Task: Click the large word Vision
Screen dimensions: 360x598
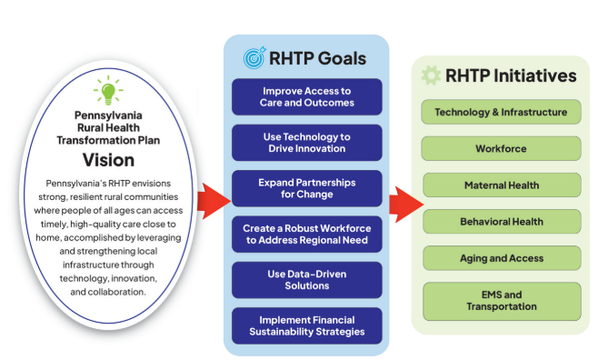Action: click(x=109, y=160)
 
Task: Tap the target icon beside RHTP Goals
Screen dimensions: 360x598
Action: click(x=254, y=58)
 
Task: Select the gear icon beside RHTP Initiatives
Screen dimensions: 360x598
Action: click(x=431, y=75)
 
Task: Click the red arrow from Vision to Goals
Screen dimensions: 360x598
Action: click(x=214, y=195)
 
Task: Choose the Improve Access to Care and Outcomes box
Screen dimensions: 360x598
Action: click(x=307, y=96)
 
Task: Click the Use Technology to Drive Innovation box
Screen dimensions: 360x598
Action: click(x=307, y=142)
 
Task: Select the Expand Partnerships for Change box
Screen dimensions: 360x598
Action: click(x=307, y=187)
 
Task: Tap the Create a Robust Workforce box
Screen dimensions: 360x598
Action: click(x=307, y=234)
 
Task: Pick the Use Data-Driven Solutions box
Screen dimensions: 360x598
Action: click(x=307, y=280)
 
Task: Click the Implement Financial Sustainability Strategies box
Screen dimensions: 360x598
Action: click(x=307, y=325)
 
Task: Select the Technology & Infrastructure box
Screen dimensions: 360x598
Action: click(x=501, y=113)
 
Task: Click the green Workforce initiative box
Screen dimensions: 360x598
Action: click(x=501, y=148)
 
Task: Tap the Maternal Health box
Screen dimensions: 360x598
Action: click(x=501, y=185)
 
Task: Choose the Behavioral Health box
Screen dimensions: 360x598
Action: click(x=501, y=221)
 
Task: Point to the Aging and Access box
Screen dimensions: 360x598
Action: click(x=501, y=258)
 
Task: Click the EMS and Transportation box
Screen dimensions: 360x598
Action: click(x=501, y=301)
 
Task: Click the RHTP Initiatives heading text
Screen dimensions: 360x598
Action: click(x=511, y=75)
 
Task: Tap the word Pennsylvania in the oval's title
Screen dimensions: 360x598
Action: click(x=109, y=115)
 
